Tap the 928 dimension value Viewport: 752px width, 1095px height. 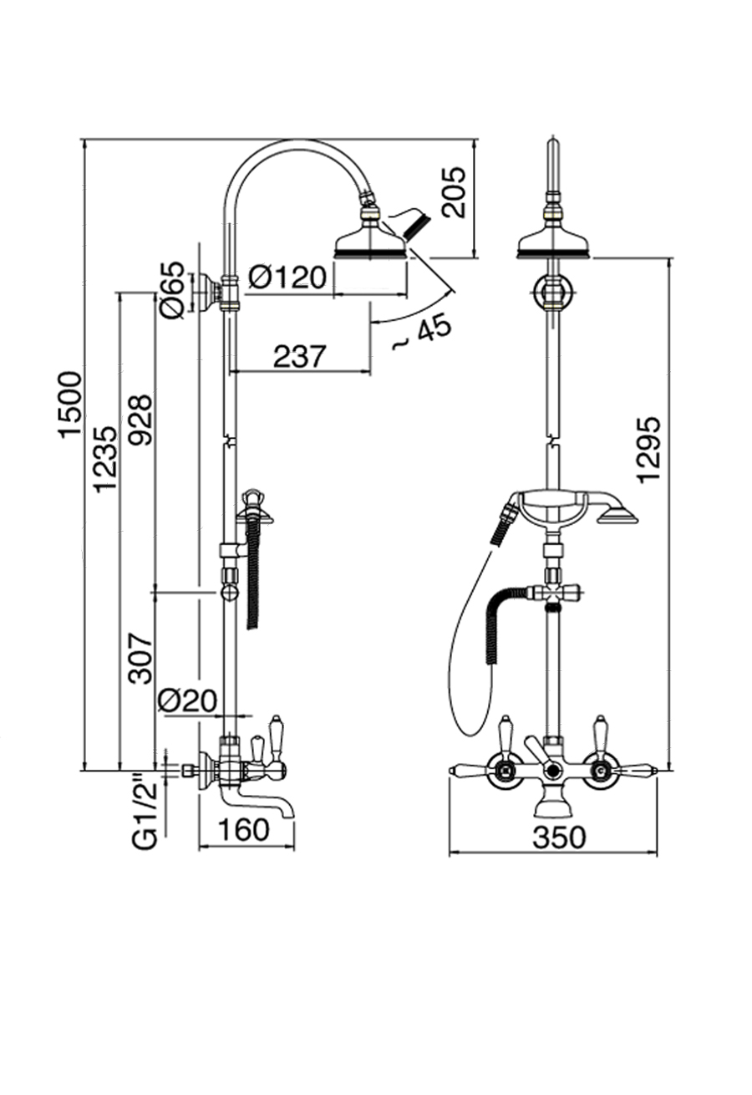point(141,419)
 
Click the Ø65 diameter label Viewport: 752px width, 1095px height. point(172,289)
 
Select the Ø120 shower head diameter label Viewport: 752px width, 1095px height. point(287,276)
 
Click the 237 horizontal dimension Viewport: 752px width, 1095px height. point(298,356)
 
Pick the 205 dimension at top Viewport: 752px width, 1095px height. point(453,192)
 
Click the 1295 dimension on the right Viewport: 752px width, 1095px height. point(649,448)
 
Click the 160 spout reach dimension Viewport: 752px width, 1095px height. point(243,830)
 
